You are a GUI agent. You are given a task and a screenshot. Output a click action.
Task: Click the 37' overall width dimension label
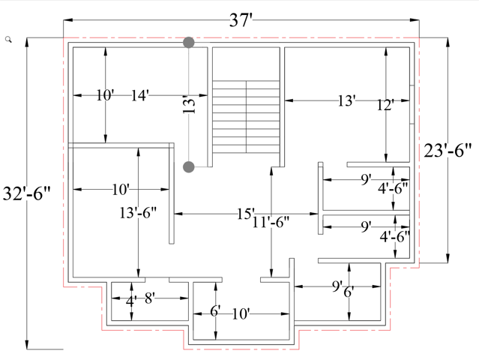[x=241, y=21]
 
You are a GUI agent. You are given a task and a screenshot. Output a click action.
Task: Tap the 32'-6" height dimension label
[x=26, y=193]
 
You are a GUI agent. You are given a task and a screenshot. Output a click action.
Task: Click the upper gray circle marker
[x=189, y=43]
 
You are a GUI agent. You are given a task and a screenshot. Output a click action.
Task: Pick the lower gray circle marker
[x=189, y=166]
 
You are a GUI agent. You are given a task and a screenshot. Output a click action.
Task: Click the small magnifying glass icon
[x=8, y=40]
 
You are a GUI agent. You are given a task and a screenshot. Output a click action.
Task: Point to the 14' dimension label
[x=140, y=95]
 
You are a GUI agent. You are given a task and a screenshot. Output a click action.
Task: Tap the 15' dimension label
[x=246, y=214]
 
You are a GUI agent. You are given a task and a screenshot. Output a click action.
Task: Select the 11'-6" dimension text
[x=271, y=222]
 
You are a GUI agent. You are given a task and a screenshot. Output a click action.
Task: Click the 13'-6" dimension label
[x=138, y=213]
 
